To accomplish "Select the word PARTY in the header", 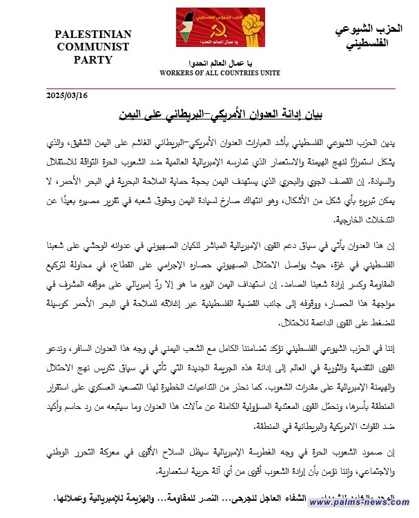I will coord(92,59).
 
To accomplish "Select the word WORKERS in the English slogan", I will coord(176,73).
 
